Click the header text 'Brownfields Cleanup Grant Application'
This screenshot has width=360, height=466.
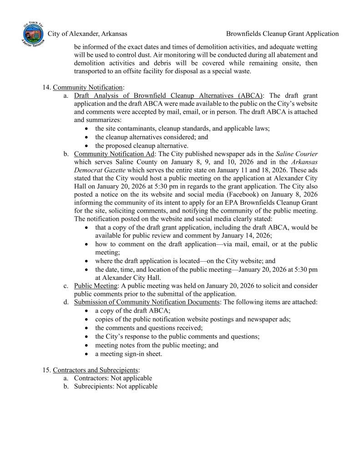coord(282,34)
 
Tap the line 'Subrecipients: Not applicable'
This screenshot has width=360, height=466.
coord(116,386)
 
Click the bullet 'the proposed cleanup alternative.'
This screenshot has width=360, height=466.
coord(142,146)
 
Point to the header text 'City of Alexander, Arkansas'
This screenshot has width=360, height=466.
coord(87,34)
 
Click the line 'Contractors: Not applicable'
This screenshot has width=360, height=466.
coord(113,378)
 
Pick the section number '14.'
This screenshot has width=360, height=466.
coord(46,87)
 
